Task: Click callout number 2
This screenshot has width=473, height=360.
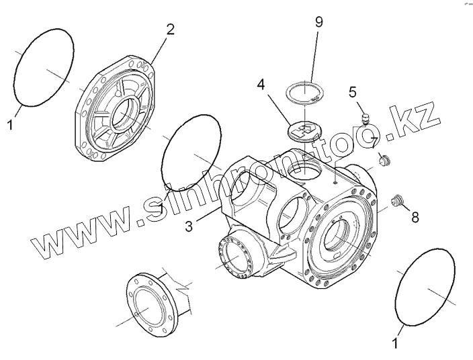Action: click(170, 30)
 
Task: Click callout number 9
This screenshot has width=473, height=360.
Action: click(319, 21)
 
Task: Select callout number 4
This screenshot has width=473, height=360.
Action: click(261, 86)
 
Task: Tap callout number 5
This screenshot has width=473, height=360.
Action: click(353, 93)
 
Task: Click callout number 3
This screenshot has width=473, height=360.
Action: click(190, 226)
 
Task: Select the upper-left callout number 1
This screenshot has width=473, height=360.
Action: click(9, 125)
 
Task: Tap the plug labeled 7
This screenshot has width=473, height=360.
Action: click(385, 161)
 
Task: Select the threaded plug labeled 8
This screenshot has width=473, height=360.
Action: click(398, 199)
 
